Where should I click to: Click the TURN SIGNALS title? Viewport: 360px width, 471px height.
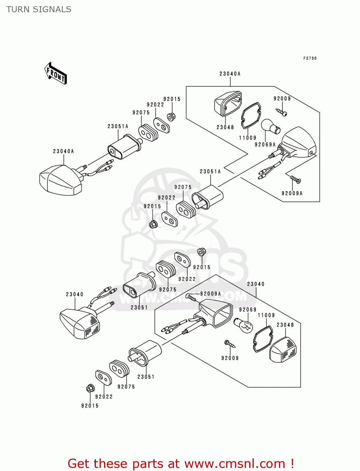39,9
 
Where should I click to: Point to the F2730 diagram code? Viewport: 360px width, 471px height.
310,58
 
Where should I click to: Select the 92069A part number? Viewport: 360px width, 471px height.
265,144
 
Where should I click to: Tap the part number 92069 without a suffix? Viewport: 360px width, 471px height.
248,310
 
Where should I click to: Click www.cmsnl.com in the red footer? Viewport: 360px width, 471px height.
235,463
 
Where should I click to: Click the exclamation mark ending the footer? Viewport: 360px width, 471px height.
292,463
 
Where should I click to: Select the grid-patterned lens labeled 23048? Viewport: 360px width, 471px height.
283,350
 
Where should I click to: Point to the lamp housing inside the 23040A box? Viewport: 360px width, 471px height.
299,143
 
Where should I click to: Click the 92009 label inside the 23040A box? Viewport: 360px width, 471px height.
282,99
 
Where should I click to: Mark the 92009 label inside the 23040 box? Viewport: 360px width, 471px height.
230,358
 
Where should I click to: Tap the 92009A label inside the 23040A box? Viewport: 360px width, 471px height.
292,193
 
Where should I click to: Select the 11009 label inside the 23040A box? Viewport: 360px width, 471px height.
248,138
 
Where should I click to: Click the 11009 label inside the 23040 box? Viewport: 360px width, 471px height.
266,315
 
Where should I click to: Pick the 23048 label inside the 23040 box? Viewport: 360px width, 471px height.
285,325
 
